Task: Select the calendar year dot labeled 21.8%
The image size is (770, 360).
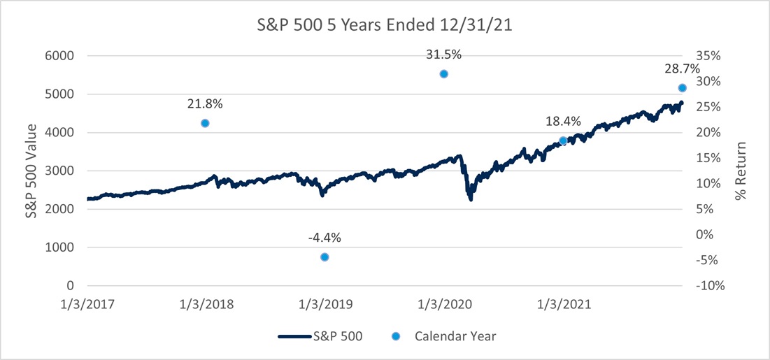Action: [x=205, y=123]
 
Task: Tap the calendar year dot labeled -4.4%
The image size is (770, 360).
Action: [x=325, y=257]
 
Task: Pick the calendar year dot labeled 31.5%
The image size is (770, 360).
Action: [x=443, y=74]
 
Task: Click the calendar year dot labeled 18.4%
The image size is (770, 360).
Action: [x=563, y=141]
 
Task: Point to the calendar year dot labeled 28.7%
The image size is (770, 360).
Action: [x=683, y=88]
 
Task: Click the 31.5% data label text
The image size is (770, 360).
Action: [x=443, y=54]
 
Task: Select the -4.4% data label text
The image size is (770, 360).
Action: [x=325, y=237]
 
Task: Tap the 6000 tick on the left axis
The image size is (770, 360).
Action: [x=61, y=56]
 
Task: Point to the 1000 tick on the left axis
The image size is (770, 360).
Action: [x=61, y=247]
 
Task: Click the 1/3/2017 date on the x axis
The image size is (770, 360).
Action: [x=87, y=305]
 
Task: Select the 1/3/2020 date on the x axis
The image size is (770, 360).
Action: [x=444, y=305]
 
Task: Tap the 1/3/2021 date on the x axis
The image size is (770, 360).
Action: [x=563, y=305]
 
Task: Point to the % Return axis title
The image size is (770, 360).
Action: [x=742, y=171]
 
